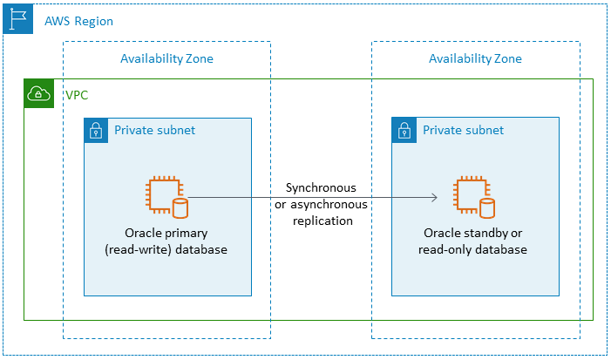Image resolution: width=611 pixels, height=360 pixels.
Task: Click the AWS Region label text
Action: point(78,20)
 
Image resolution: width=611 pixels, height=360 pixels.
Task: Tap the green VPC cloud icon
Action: point(38,94)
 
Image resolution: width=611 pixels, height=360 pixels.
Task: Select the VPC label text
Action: point(77,94)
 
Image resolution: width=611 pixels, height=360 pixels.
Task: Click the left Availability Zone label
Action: point(166,58)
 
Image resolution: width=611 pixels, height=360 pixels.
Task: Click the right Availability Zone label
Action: point(475,58)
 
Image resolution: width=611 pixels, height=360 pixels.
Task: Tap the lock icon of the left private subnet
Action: point(96,131)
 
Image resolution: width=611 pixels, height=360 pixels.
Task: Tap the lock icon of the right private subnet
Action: point(404,131)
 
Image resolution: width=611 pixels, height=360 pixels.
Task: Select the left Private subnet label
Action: point(154,131)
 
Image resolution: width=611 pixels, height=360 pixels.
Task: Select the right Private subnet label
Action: point(463,131)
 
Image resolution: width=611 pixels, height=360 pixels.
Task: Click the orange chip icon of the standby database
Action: point(469,194)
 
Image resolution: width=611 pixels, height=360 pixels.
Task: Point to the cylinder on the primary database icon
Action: point(180,207)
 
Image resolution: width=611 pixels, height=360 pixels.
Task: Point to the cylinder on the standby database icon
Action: point(487,207)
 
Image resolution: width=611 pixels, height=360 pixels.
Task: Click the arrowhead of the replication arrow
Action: point(433,198)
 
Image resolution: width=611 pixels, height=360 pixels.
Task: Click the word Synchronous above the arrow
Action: point(320,188)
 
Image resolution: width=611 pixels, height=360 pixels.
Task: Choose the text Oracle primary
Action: point(167,234)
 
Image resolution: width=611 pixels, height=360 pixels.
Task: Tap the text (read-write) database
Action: point(167,249)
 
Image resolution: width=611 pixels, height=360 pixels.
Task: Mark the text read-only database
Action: point(475,249)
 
